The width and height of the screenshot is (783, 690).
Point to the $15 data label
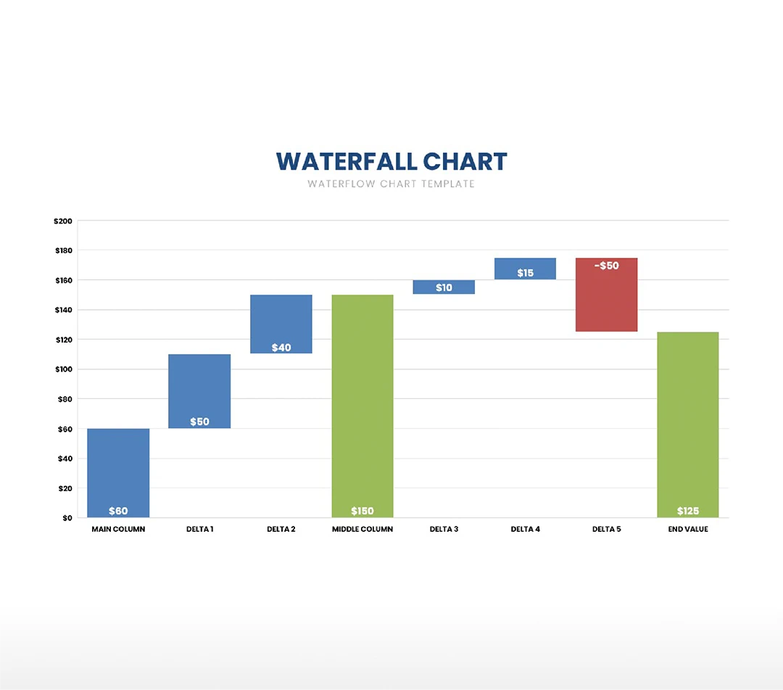(x=526, y=273)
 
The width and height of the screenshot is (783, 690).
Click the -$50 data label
(x=607, y=266)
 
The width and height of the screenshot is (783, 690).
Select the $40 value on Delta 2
(x=281, y=348)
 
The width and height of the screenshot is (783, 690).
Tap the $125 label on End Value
(x=687, y=511)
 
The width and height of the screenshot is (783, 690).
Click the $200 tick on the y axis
(x=63, y=221)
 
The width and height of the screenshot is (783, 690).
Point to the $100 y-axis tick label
(x=63, y=369)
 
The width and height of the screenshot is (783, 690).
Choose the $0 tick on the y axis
(x=67, y=518)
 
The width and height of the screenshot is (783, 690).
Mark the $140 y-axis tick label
(x=63, y=310)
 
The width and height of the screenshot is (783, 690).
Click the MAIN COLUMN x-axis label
(x=118, y=530)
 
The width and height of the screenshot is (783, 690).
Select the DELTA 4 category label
(x=526, y=530)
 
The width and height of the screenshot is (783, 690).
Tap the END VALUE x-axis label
(x=688, y=530)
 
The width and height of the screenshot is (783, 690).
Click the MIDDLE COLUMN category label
(x=362, y=530)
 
